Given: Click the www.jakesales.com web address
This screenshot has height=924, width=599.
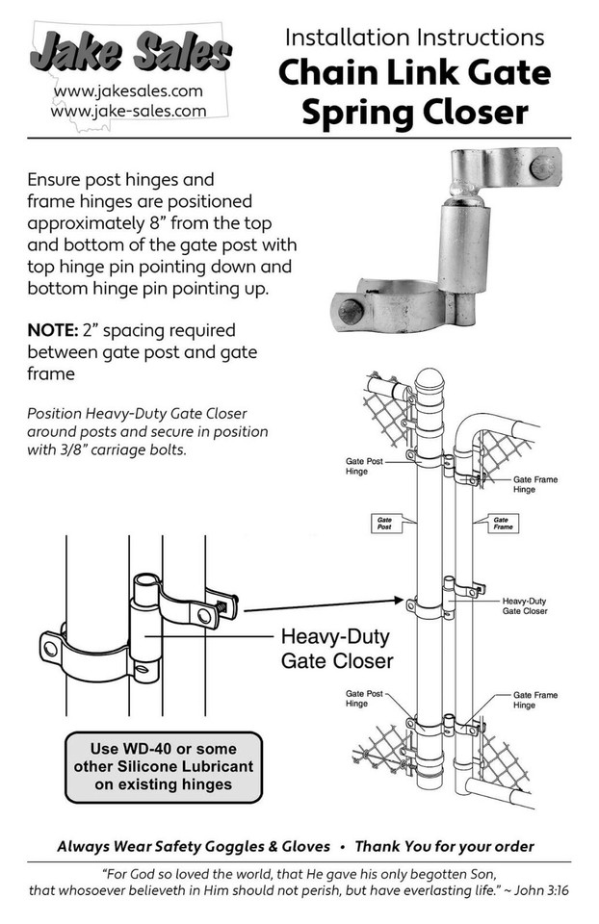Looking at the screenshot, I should tap(128, 92).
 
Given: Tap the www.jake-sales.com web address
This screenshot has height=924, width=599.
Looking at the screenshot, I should tap(128, 111).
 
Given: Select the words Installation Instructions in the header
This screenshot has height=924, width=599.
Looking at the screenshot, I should tap(414, 38).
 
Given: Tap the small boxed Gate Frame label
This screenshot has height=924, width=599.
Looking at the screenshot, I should tap(502, 523).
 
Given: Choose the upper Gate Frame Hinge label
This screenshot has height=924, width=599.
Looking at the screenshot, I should tap(534, 484).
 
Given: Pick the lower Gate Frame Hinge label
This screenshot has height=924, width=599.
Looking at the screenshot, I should tap(534, 700).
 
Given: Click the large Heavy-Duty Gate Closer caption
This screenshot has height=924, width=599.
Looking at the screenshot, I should tap(336, 649).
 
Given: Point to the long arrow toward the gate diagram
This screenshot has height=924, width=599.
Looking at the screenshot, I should tap(318, 603).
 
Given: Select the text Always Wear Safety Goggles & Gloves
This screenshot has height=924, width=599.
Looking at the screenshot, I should tap(194, 847).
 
